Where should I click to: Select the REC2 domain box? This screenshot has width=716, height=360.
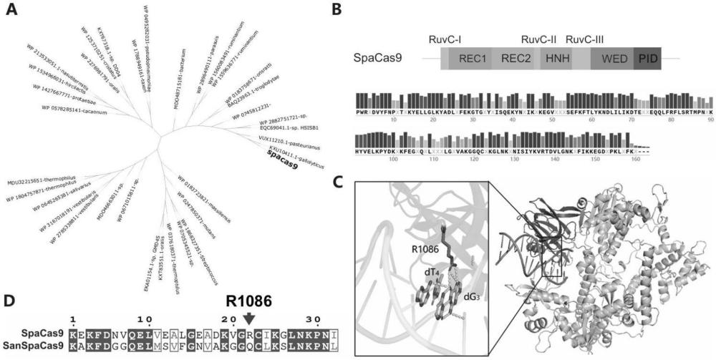click(x=516, y=59)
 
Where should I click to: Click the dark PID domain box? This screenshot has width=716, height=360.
click(x=649, y=59)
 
